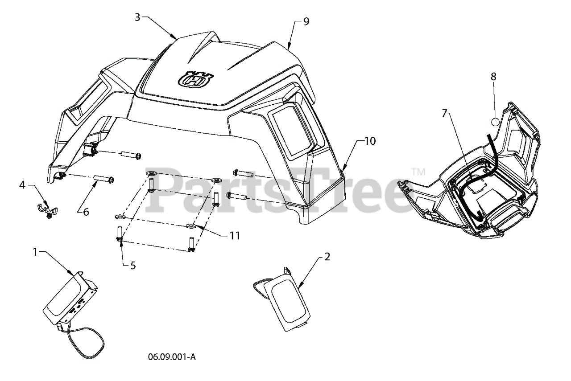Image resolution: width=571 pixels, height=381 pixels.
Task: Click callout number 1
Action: (x=35, y=252)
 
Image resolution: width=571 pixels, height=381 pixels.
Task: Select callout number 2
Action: (x=327, y=257)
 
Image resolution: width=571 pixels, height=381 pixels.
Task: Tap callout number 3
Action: (x=137, y=17)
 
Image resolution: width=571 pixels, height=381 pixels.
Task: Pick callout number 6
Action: (x=86, y=212)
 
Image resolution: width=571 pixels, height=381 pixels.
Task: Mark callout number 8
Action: (x=493, y=76)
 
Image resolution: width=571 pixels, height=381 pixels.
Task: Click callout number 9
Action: (x=306, y=21)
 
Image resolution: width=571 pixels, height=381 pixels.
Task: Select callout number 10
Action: (x=370, y=141)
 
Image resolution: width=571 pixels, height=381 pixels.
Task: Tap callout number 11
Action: (x=235, y=235)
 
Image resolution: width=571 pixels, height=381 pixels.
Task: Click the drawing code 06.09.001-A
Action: (x=171, y=357)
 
